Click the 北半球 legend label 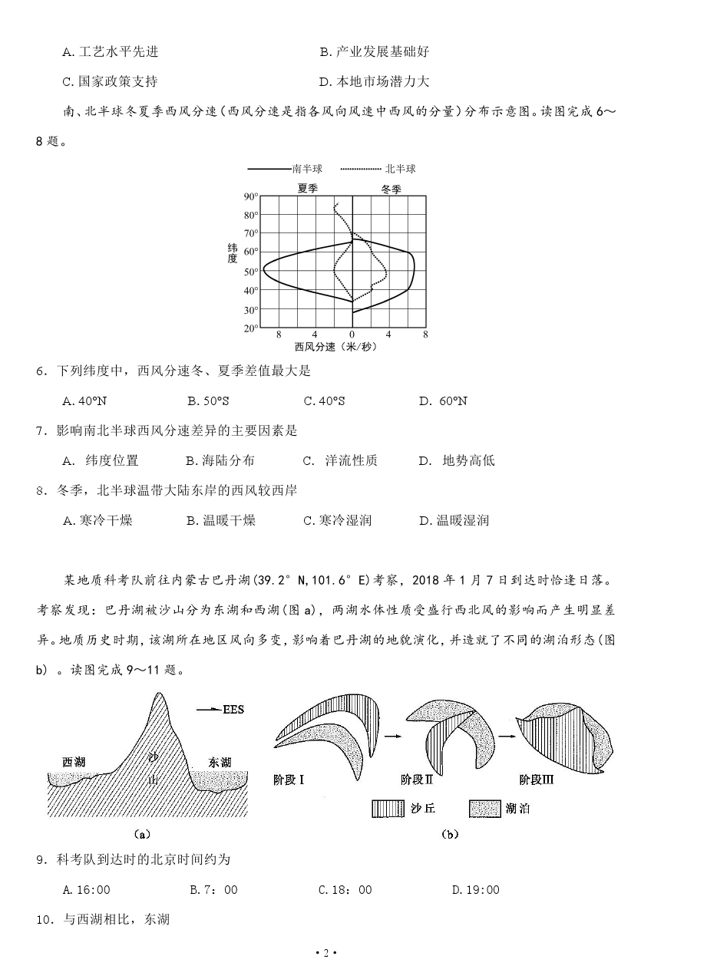(400, 169)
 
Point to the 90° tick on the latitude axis (250, 196)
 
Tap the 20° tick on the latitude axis (250, 328)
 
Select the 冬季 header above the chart (391, 188)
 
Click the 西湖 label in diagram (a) (74, 761)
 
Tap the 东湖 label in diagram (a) (220, 762)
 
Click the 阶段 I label (289, 780)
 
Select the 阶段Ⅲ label (537, 780)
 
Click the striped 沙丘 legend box (388, 809)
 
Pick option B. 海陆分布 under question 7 (220, 460)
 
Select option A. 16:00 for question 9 (87, 890)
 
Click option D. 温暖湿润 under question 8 (454, 520)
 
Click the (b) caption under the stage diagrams (450, 835)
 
